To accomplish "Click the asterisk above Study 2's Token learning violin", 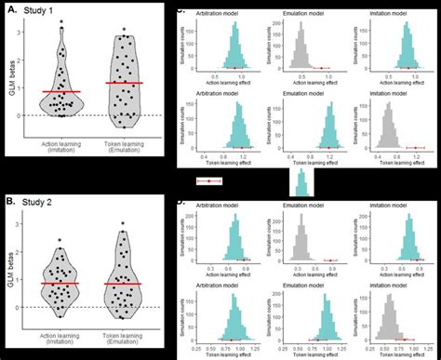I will pyautogui.click(x=123, y=224).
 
